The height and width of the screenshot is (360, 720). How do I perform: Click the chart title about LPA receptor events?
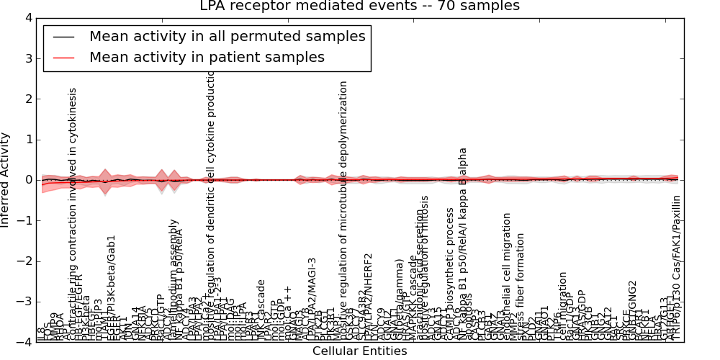click(x=359, y=6)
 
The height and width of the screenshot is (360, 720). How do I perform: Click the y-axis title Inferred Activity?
click(x=6, y=180)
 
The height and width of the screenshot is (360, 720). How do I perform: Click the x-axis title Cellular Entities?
click(x=359, y=351)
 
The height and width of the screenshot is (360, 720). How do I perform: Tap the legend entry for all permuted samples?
click(x=227, y=37)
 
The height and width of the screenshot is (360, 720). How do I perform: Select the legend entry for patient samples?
click(x=207, y=58)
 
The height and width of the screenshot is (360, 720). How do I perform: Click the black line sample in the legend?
click(x=64, y=37)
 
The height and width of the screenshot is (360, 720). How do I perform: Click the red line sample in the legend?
click(x=64, y=58)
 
